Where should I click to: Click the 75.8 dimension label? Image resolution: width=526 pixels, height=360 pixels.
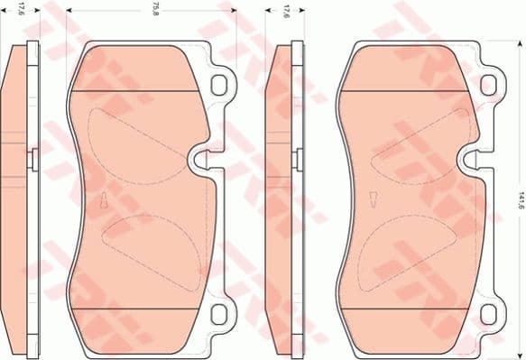pyautogui.click(x=157, y=11)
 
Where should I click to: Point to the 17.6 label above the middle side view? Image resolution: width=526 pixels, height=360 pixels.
pyautogui.click(x=286, y=11)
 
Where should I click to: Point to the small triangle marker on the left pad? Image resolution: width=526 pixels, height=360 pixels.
pyautogui.click(x=105, y=200)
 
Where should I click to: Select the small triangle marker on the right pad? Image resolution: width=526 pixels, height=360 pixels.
pyautogui.click(x=372, y=200)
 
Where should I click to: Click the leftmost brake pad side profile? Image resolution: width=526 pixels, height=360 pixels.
pyautogui.click(x=16, y=198)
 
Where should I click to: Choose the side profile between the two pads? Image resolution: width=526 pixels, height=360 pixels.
pyautogui.click(x=283, y=198)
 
